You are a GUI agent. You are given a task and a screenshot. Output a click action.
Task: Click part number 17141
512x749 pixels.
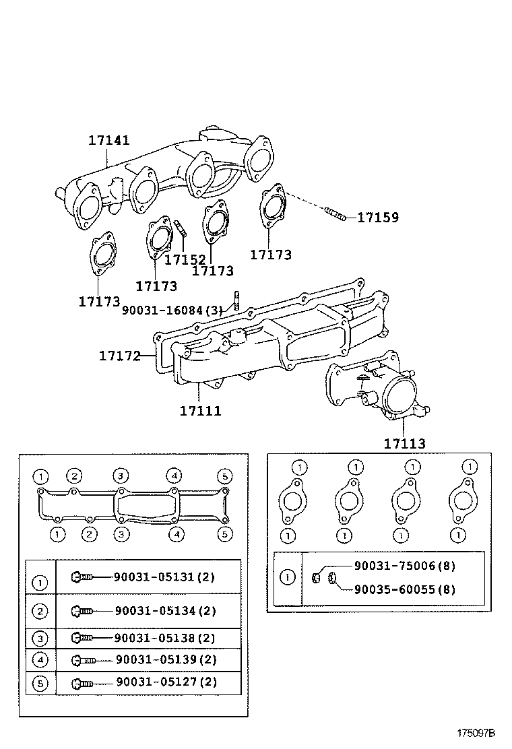click(109, 140)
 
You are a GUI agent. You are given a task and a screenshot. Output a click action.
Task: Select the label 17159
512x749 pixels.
click(378, 218)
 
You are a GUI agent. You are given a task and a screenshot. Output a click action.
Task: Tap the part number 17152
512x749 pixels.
click(185, 259)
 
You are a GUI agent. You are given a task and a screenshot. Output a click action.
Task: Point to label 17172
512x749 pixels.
click(120, 356)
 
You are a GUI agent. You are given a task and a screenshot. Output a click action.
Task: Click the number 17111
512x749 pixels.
click(201, 410)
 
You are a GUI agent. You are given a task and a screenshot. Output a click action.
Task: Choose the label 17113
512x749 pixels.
click(404, 443)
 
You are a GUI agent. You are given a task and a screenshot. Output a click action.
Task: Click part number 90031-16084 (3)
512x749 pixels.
click(173, 310)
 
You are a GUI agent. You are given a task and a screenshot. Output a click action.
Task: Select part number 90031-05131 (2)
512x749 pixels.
click(164, 577)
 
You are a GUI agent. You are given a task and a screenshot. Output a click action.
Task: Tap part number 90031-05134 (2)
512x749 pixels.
click(165, 610)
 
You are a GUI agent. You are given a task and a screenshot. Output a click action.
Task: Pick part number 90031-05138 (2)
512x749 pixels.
click(165, 638)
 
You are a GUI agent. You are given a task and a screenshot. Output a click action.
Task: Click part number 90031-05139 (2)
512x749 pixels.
click(166, 659)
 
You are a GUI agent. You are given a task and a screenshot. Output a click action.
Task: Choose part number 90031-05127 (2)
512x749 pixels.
click(166, 682)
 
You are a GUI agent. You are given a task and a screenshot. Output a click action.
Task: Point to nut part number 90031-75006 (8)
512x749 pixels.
click(404, 566)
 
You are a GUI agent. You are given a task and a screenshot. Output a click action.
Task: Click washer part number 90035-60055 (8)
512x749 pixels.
click(404, 589)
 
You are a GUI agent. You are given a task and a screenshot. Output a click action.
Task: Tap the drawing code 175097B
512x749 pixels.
click(476, 733)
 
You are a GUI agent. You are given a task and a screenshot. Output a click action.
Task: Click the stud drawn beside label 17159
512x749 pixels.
click(335, 214)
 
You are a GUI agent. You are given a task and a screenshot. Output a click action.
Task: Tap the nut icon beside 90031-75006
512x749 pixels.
click(315, 578)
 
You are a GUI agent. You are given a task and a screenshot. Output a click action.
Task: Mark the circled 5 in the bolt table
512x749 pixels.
click(40, 684)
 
